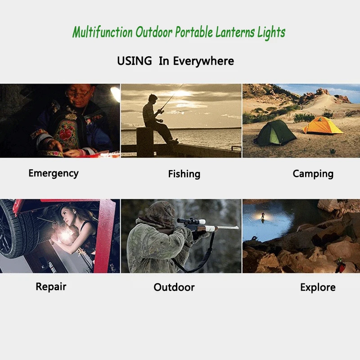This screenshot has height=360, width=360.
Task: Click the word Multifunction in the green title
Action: (x=103, y=33)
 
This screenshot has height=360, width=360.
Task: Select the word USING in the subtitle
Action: (x=134, y=61)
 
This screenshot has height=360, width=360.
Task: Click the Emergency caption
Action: (x=53, y=173)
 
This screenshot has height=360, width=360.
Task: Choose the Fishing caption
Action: (x=184, y=174)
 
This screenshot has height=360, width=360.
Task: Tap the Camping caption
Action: (x=313, y=174)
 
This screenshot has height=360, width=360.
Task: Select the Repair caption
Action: (x=51, y=287)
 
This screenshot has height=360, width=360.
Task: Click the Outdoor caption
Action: (x=174, y=287)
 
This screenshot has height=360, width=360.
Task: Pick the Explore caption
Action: (x=318, y=287)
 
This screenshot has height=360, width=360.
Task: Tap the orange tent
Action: (x=323, y=126)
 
